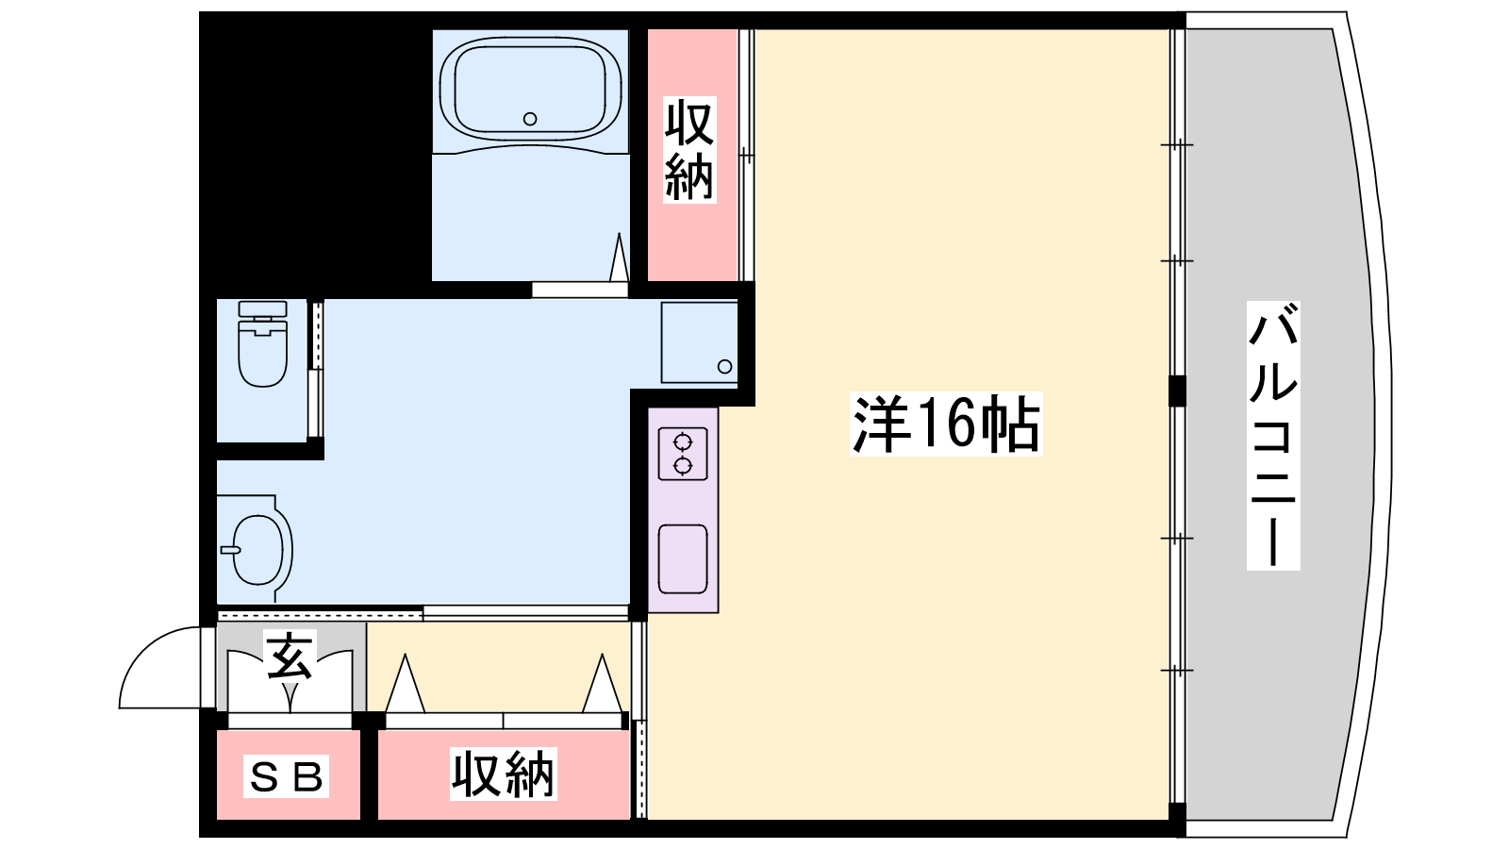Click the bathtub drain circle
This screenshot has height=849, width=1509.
pyautogui.click(x=530, y=119)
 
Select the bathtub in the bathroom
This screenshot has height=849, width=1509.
pyautogui.click(x=530, y=89)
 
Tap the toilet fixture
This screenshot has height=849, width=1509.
pyautogui.click(x=263, y=343)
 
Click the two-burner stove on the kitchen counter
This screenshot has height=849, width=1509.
pyautogui.click(x=683, y=454)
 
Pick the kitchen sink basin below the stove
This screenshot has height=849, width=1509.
pyautogui.click(x=683, y=559)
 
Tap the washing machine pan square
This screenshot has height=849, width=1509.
pyautogui.click(x=699, y=343)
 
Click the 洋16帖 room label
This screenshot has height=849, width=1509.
pyautogui.click(x=946, y=424)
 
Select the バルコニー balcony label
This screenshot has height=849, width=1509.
pyautogui.click(x=1272, y=435)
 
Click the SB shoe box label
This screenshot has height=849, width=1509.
pyautogui.click(x=287, y=776)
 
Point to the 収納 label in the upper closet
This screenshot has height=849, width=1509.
pyautogui.click(x=689, y=150)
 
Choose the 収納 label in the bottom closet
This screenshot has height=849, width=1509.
pyautogui.click(x=504, y=774)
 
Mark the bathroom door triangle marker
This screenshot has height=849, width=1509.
pyautogui.click(x=619, y=258)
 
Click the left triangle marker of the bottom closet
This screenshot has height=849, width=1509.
pyautogui.click(x=405, y=684)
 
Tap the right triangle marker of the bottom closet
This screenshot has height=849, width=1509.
pyautogui.click(x=603, y=684)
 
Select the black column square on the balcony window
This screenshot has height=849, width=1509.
pyautogui.click(x=1177, y=391)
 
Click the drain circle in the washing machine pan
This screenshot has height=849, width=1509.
pyautogui.click(x=725, y=367)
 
